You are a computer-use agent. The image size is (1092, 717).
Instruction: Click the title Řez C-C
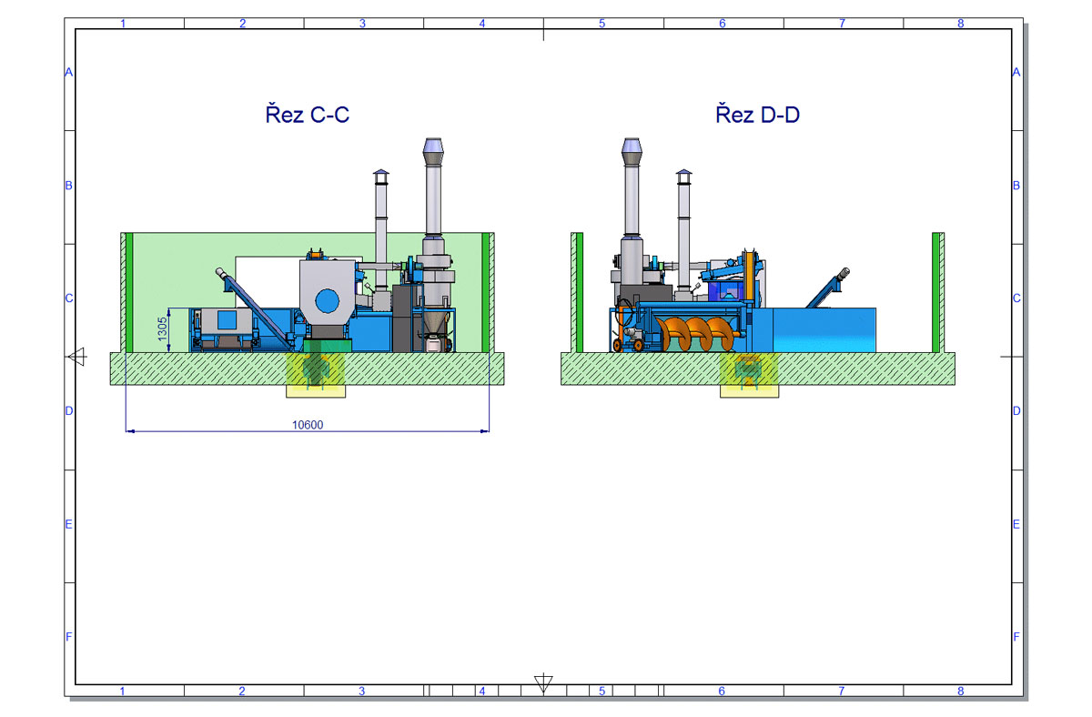click(308, 114)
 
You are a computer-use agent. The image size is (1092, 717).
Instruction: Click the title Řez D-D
click(757, 114)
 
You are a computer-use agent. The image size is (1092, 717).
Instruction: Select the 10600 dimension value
click(308, 425)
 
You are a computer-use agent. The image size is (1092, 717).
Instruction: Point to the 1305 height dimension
click(162, 329)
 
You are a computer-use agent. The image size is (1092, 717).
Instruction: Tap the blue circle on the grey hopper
click(327, 301)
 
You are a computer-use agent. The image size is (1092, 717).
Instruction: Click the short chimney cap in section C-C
click(381, 177)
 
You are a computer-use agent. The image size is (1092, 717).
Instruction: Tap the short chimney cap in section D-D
click(683, 177)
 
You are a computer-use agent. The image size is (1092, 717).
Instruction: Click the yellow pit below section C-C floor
click(316, 374)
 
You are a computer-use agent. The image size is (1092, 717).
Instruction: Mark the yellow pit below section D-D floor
click(749, 374)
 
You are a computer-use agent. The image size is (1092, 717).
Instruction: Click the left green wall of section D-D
click(579, 292)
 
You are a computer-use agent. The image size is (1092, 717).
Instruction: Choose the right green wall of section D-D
click(935, 292)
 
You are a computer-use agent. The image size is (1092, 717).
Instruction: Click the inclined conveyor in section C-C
click(254, 307)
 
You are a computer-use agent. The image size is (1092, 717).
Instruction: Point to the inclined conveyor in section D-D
click(828, 288)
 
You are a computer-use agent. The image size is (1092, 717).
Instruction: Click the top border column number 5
click(602, 24)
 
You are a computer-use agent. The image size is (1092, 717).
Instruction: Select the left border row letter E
click(69, 524)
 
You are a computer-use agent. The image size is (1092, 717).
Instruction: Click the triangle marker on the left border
click(78, 357)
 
